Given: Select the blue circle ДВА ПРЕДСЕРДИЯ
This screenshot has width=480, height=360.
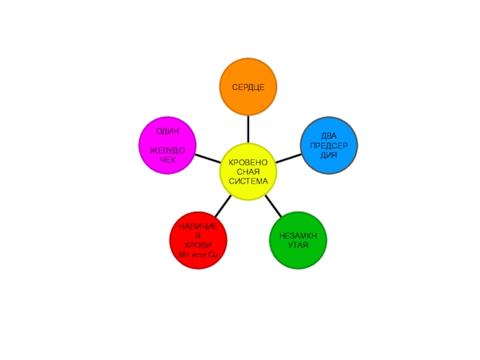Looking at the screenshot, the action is click(x=329, y=146).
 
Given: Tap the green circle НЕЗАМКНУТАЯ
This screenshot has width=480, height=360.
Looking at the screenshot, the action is click(x=298, y=240).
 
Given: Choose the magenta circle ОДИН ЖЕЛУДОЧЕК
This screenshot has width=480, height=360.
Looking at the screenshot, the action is click(x=167, y=146).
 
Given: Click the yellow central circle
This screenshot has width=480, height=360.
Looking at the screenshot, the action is click(x=248, y=172).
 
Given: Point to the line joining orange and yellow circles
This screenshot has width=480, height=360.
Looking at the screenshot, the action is click(x=248, y=129).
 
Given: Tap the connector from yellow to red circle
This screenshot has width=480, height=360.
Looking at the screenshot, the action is click(x=222, y=207).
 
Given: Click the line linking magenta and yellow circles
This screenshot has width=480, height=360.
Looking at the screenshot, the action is click(x=208, y=159).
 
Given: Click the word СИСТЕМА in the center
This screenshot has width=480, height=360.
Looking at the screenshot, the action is click(x=248, y=181).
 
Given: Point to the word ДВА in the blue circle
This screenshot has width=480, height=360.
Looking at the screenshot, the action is click(x=329, y=136).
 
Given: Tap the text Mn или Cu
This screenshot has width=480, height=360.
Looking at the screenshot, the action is click(x=198, y=256).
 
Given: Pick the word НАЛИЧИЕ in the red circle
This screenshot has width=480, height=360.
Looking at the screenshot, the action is click(x=198, y=225).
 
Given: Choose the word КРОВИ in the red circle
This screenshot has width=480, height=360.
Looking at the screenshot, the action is click(x=198, y=246).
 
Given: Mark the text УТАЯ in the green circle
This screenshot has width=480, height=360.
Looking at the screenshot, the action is click(x=298, y=245).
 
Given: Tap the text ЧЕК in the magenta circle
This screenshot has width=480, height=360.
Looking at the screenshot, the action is click(x=167, y=160).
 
